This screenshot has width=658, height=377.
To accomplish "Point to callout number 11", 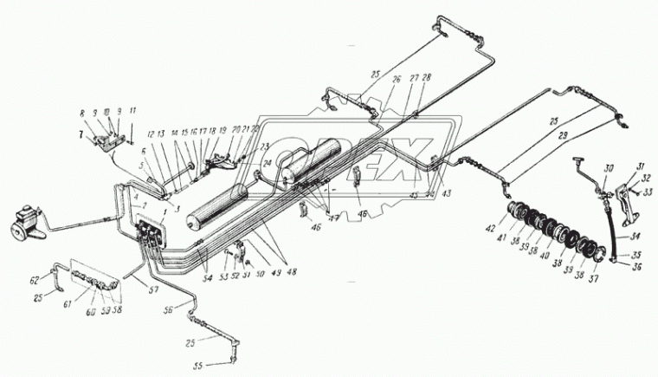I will click(132, 112).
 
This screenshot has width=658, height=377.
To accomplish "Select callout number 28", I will click(426, 79).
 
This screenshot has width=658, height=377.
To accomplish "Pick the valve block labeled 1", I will click(148, 235).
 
